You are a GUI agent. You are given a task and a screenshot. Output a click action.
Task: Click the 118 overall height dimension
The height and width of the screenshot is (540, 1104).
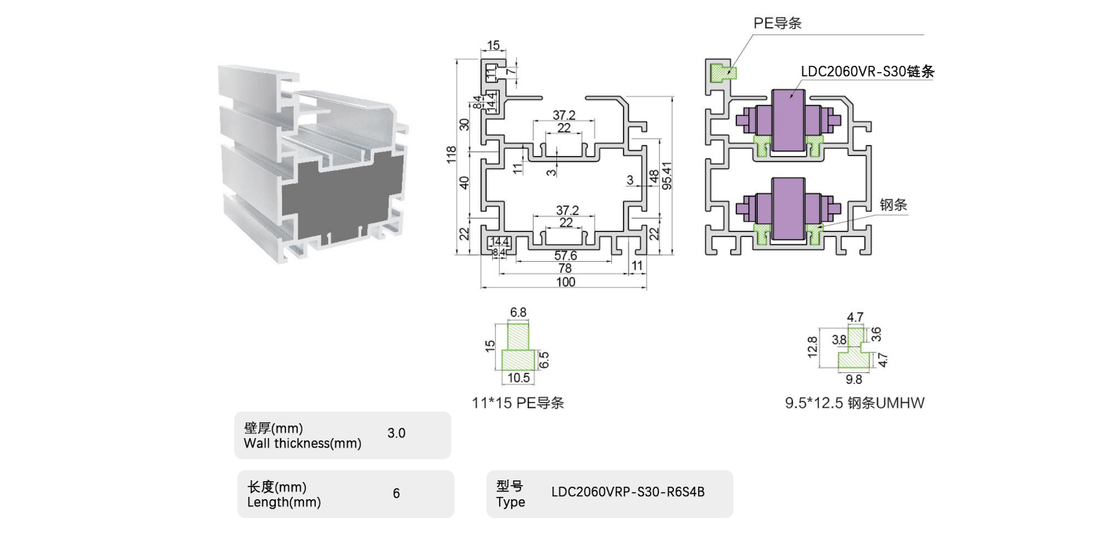(x=451, y=154)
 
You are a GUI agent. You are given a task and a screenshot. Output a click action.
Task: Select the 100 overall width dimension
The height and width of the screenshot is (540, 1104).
(x=565, y=282)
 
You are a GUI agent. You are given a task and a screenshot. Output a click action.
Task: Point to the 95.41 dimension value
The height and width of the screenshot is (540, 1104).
(x=668, y=176)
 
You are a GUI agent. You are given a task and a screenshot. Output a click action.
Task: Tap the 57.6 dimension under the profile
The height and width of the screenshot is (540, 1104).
(x=565, y=256)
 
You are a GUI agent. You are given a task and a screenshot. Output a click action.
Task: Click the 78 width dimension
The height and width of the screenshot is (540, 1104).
(x=565, y=269)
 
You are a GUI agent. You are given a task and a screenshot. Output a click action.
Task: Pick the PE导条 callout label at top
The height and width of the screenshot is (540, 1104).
(x=777, y=24)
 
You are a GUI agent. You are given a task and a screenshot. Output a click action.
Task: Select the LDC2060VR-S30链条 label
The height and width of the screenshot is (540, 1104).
(x=868, y=71)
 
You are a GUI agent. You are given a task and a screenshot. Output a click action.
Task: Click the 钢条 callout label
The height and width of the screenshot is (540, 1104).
(x=892, y=205)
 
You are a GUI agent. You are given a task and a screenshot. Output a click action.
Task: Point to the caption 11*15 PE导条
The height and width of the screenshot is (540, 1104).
(x=518, y=404)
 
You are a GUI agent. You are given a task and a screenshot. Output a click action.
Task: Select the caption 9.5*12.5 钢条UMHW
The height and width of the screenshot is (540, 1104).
(x=855, y=404)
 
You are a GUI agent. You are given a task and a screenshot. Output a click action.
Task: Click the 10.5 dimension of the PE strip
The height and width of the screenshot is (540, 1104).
(x=519, y=378)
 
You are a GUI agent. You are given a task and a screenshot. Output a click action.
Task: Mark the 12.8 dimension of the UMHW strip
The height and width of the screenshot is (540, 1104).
(x=812, y=346)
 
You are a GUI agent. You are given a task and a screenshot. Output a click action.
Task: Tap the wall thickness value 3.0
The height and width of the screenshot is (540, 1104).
(x=396, y=433)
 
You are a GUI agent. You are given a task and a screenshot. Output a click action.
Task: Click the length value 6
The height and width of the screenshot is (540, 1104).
(x=396, y=494)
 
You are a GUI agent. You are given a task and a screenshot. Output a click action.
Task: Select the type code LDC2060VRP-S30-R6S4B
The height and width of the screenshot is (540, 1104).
(x=628, y=493)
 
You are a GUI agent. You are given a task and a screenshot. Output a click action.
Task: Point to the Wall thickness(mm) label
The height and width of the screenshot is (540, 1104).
(x=302, y=444)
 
